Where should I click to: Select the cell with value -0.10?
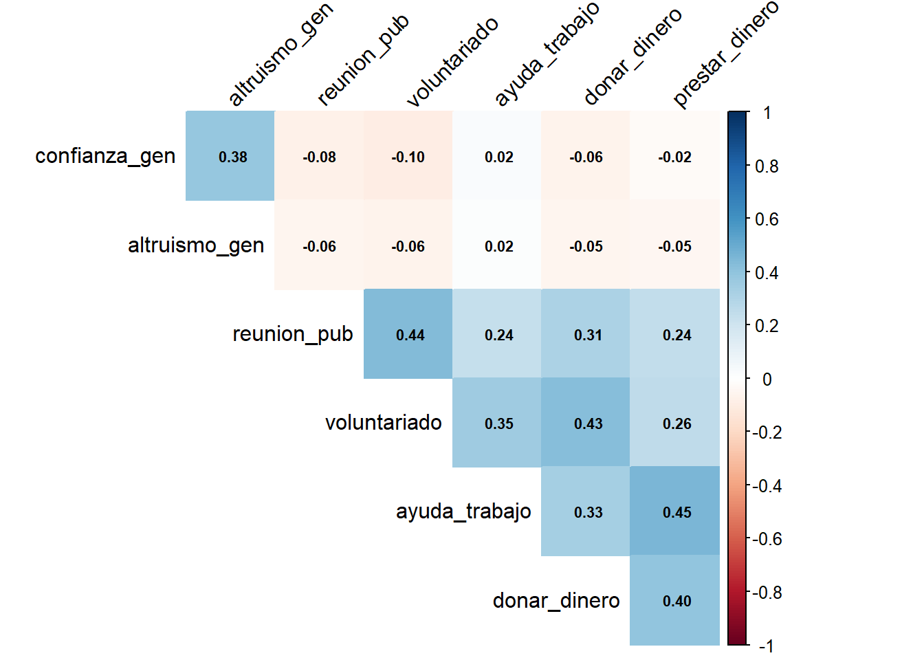coord(408,156)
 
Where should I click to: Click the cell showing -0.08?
coord(319,156)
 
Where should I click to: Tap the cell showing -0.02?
coord(674,156)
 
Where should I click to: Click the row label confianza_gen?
coord(105,156)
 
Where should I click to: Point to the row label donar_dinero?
coord(556,600)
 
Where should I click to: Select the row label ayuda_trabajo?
coord(463,511)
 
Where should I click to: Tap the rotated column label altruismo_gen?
coord(280,55)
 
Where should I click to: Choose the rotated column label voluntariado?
coord(452,62)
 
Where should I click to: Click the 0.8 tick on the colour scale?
coord(767,166)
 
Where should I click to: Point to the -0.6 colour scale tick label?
coord(767,539)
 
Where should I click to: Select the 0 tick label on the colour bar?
coord(767,379)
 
